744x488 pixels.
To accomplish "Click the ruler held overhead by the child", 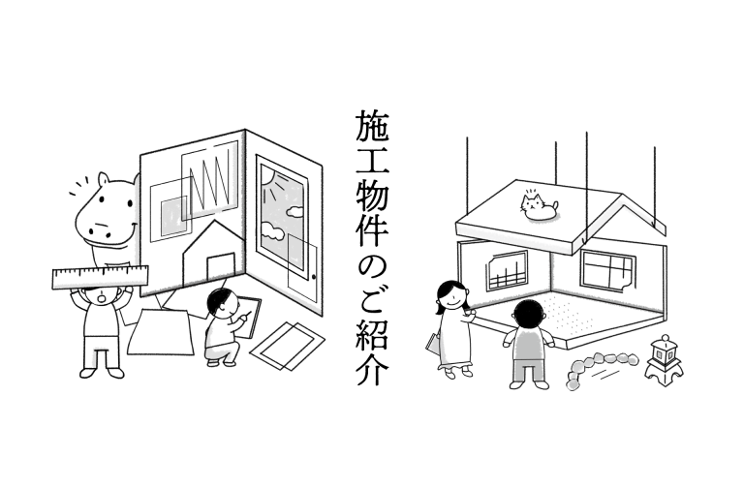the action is pyautogui.click(x=100, y=277).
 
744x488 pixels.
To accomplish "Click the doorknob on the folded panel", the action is pyautogui.click(x=314, y=277).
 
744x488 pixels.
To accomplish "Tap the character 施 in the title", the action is pyautogui.click(x=372, y=127).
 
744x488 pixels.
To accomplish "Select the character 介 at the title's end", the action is pyautogui.click(x=372, y=368).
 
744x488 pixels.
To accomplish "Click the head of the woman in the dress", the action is pyautogui.click(x=451, y=294).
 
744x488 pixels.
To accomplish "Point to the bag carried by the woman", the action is pyautogui.click(x=433, y=344).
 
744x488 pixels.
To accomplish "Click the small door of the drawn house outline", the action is pyautogui.click(x=221, y=267).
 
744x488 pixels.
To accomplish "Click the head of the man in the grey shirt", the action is pyautogui.click(x=529, y=314).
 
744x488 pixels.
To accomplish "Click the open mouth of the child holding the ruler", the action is pyautogui.click(x=102, y=298).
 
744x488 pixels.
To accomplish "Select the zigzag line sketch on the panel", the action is pyautogui.click(x=210, y=181).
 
